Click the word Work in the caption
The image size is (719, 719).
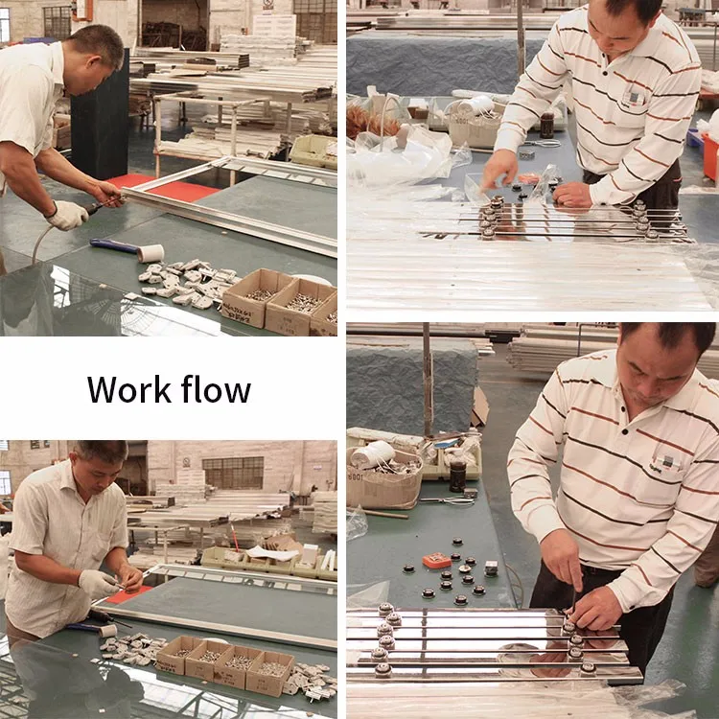pyautogui.click(x=128, y=390)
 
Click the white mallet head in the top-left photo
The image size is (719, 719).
pyautogui.click(x=151, y=253)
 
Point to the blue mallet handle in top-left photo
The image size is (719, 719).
pyautogui.click(x=114, y=245)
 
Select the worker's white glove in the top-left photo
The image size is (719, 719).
pyautogui.click(x=68, y=215)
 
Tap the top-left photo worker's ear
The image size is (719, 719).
pyautogui.click(x=98, y=61)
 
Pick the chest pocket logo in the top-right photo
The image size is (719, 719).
pyautogui.click(x=634, y=98)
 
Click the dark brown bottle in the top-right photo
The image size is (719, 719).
pyautogui.click(x=546, y=126)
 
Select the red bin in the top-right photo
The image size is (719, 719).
pyautogui.click(x=710, y=157)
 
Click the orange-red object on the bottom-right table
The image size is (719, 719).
pyautogui.click(x=437, y=561)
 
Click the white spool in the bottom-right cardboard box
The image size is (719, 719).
pyautogui.click(x=373, y=454)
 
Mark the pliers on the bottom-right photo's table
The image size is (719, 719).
pyautogui.click(x=447, y=500)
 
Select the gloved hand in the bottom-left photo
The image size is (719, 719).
pyautogui.click(x=97, y=584)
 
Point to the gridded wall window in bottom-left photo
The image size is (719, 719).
pyautogui.click(x=233, y=473)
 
